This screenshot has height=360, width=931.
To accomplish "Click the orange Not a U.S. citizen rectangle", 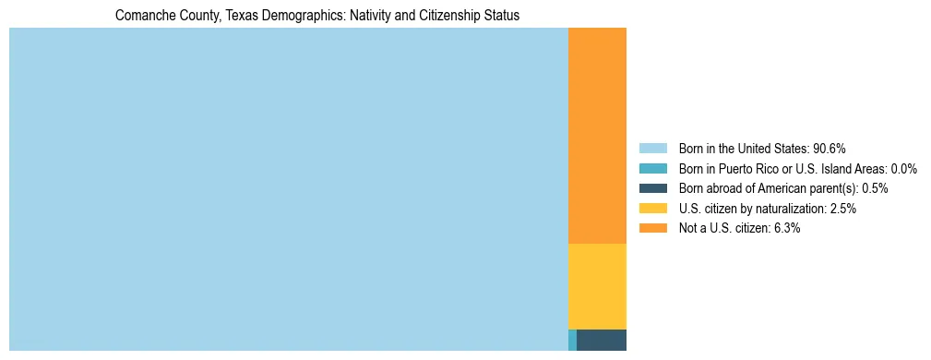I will [x=597, y=136].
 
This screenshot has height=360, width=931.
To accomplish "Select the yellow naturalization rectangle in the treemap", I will [x=597, y=286].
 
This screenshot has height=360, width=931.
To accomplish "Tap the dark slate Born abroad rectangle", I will [x=602, y=340].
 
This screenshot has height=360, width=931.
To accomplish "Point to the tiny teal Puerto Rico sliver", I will [x=572, y=340].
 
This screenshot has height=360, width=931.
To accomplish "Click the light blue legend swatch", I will [x=652, y=149].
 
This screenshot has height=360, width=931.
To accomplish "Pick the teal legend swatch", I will [x=652, y=169].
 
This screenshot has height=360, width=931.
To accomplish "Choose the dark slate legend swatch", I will [x=652, y=188].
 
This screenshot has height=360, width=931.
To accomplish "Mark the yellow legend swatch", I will [x=652, y=209].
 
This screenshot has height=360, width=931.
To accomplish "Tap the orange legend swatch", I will [x=652, y=229].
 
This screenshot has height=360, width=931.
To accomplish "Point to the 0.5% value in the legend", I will [x=875, y=188].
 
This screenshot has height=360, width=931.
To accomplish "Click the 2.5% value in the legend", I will [x=842, y=209].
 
